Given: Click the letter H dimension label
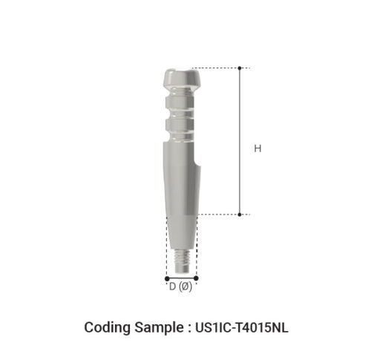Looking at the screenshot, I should coord(257,149).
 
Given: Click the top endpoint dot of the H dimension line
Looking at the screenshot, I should coord(240,68).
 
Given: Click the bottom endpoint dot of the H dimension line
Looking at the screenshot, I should coord(240,215).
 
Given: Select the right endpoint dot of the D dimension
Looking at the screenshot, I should coord(196,278).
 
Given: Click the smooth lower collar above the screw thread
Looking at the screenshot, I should coord(180,234).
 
